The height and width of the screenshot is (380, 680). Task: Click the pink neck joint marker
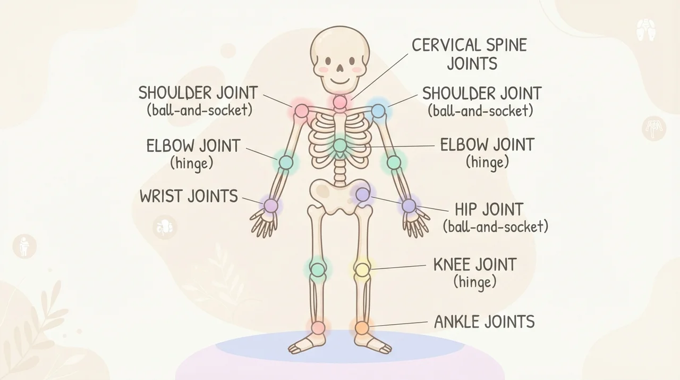click(x=339, y=102)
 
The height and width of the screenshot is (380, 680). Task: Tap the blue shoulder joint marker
click(x=378, y=111)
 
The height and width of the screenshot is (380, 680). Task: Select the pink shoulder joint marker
click(x=302, y=111)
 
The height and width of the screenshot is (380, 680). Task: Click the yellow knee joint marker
click(x=362, y=269)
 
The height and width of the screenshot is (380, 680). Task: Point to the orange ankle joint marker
click(x=362, y=328)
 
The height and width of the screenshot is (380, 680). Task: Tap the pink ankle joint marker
click(x=318, y=328)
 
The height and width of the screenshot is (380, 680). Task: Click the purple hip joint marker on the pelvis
click(x=362, y=195)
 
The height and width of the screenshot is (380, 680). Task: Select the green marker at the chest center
click(x=339, y=145)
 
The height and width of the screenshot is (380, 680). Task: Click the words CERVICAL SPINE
click(x=469, y=45)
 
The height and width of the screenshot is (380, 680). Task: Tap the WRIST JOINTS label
click(x=189, y=196)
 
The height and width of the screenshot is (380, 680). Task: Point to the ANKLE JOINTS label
click(x=484, y=321)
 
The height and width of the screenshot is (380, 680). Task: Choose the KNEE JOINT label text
click(x=475, y=265)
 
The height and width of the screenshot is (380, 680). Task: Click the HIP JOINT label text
click(x=489, y=209)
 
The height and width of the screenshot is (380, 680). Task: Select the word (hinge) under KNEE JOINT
click(x=475, y=283)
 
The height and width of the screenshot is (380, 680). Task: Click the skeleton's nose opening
click(x=340, y=68)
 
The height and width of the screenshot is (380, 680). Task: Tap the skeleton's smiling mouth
click(x=340, y=80)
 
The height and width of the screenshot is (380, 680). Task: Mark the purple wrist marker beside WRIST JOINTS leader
click(x=271, y=206)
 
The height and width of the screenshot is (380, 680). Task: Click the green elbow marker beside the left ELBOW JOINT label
click(x=286, y=162)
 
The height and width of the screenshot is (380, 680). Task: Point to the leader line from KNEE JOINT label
click(x=398, y=267)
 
